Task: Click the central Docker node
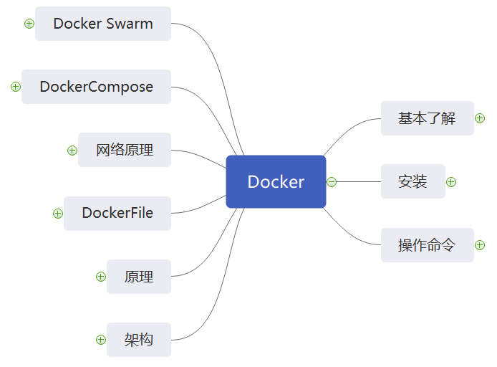(276, 182)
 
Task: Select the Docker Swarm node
(103, 24)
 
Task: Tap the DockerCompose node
(96, 87)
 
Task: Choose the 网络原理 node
(125, 150)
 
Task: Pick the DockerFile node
(117, 213)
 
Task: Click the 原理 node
(139, 277)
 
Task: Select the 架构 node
(139, 340)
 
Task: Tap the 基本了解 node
(427, 118)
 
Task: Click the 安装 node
(412, 181)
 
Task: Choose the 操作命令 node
(427, 245)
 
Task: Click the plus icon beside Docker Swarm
(29, 24)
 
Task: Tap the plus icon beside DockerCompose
(16, 87)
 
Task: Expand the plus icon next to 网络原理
(72, 150)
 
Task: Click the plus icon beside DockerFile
(58, 213)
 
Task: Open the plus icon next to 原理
(101, 277)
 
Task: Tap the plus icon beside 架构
(101, 340)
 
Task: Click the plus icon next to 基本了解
(480, 118)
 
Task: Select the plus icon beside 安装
(451, 181)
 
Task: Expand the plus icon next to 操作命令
(480, 245)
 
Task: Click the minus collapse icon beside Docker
(332, 182)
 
